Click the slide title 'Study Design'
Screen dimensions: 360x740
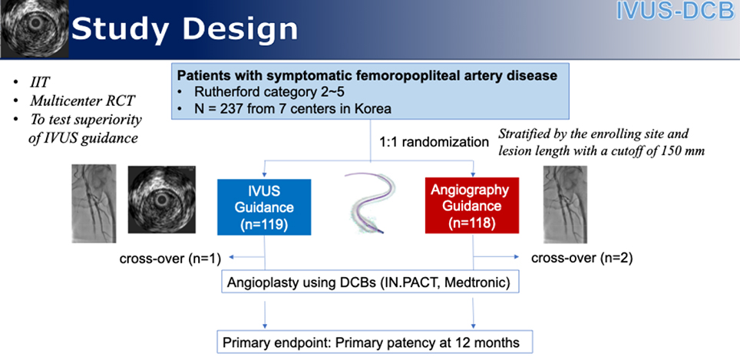tap(184, 30)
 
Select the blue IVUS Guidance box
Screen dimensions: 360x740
tap(265, 206)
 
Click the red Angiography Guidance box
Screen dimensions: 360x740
tap(474, 206)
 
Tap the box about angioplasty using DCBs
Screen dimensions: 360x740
tap(369, 282)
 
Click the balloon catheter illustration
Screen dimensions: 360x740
tap(369, 203)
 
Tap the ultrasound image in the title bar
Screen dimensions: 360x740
tap(34, 30)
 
